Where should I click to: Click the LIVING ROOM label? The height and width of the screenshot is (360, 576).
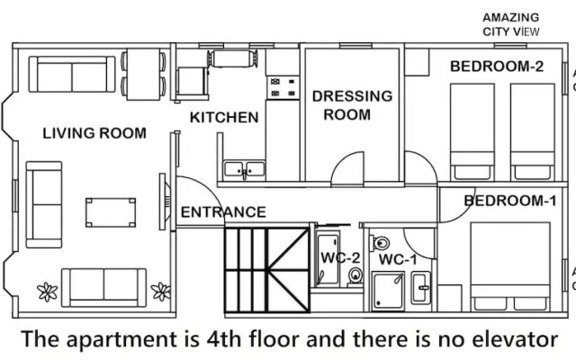point(94,133)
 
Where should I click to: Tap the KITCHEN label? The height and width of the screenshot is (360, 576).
point(224,117)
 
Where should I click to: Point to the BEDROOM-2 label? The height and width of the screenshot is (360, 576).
point(497,66)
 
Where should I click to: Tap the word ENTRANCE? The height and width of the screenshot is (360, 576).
point(223,212)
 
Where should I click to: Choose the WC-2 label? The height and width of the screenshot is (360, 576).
point(341,259)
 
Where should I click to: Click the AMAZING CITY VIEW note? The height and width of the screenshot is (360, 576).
point(510,24)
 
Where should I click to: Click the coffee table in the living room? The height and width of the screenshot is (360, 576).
point(111,212)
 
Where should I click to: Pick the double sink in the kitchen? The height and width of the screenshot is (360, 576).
point(244,168)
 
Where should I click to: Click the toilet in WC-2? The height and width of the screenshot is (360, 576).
point(355,277)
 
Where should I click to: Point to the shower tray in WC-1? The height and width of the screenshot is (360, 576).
point(389,291)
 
